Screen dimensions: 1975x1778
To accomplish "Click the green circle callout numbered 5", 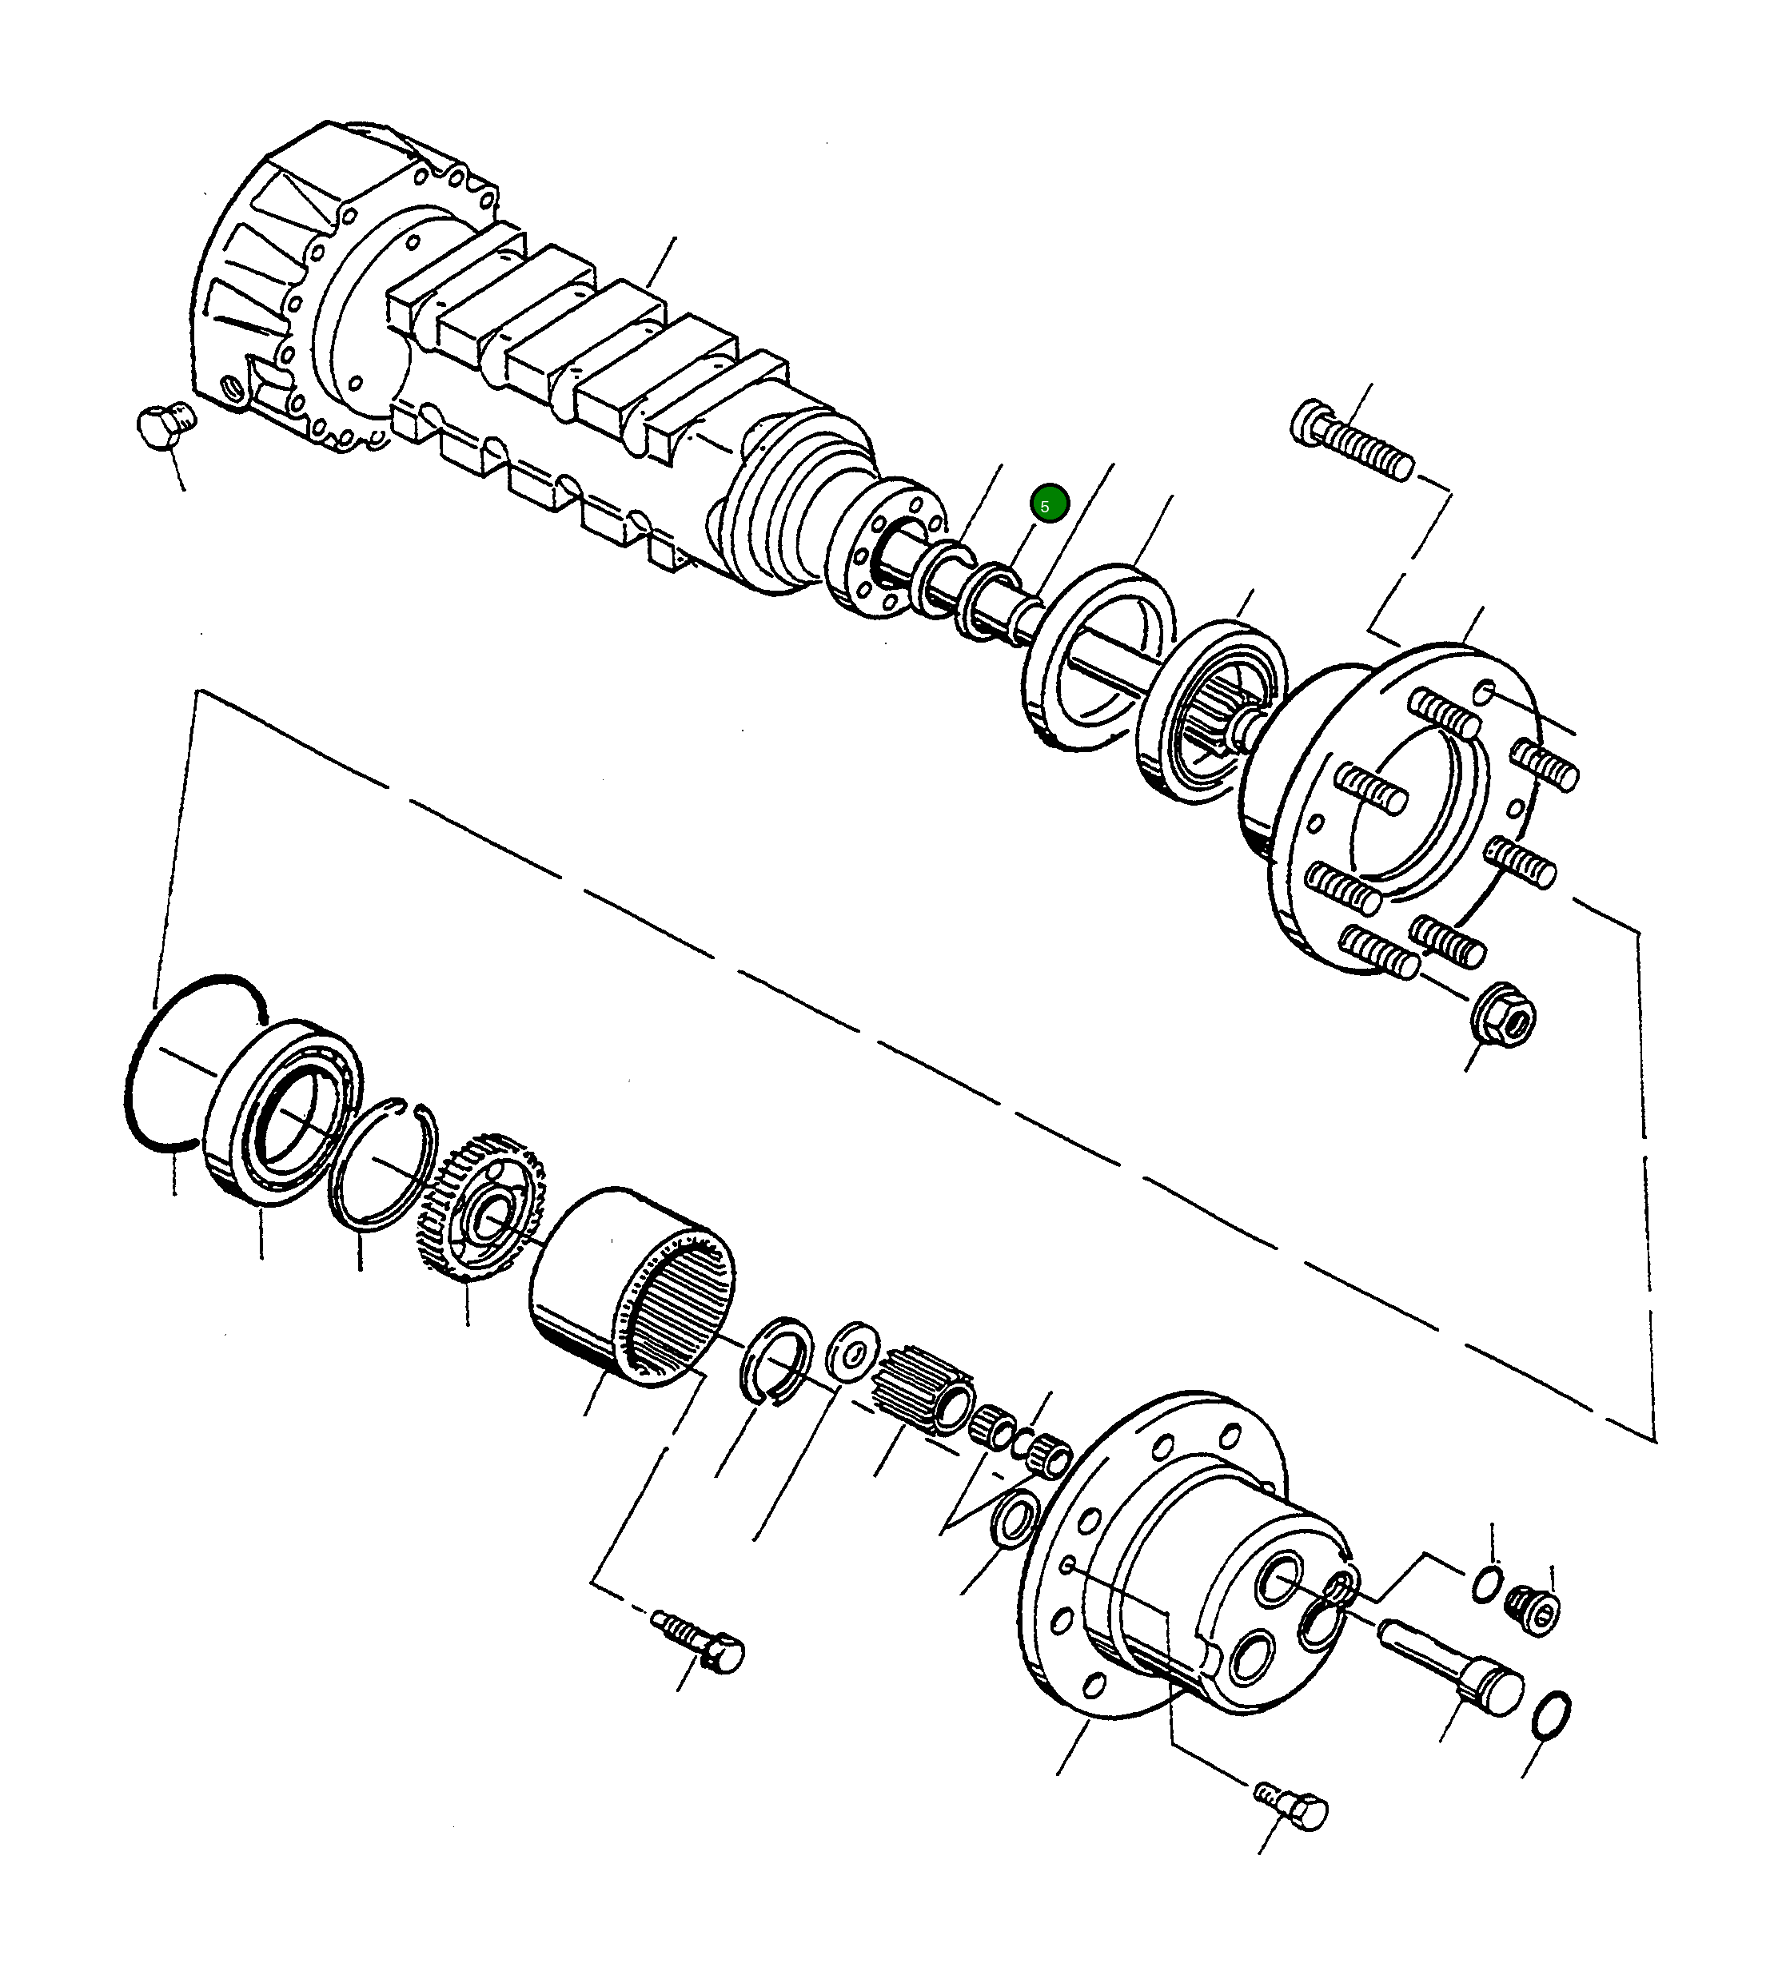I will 1049,505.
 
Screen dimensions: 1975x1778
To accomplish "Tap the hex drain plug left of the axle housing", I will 163,428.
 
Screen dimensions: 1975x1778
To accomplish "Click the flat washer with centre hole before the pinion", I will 852,1351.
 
